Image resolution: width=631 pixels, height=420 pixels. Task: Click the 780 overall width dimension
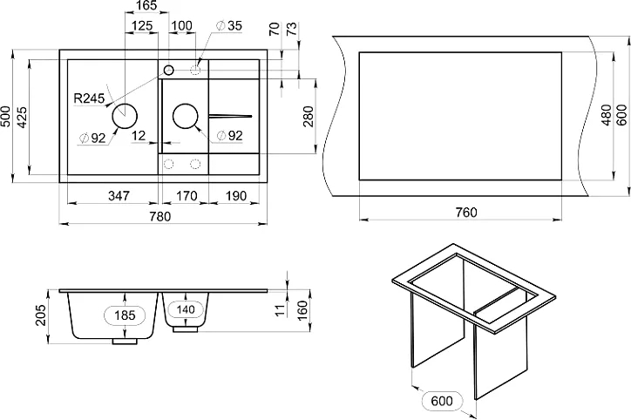pyautogui.click(x=160, y=216)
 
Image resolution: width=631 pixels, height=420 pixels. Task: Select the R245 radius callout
pyautogui.click(x=89, y=98)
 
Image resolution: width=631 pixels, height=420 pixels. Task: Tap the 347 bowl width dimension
pyautogui.click(x=119, y=196)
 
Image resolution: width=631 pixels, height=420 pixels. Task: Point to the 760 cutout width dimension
pyautogui.click(x=466, y=212)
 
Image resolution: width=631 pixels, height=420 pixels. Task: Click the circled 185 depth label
pyautogui.click(x=126, y=315)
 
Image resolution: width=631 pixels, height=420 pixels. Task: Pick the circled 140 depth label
pyautogui.click(x=186, y=309)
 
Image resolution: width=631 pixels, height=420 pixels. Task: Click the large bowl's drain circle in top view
pyautogui.click(x=125, y=116)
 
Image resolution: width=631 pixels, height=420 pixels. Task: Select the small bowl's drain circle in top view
pyautogui.click(x=186, y=116)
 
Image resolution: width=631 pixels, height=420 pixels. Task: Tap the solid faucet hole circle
pyautogui.click(x=168, y=71)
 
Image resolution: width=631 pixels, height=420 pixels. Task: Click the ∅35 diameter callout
pyautogui.click(x=229, y=26)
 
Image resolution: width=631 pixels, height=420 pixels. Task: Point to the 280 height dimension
pyautogui.click(x=309, y=116)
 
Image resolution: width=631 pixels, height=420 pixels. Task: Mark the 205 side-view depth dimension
pyautogui.click(x=41, y=315)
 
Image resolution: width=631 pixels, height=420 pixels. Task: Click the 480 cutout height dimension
pyautogui.click(x=606, y=115)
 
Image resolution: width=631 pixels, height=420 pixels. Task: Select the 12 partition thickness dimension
pyautogui.click(x=139, y=136)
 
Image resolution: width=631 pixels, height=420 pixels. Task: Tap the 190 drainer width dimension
pyautogui.click(x=235, y=196)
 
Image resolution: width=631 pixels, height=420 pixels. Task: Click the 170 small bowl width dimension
pyautogui.click(x=187, y=196)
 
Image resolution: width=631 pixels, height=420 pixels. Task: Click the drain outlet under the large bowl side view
pyautogui.click(x=125, y=342)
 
